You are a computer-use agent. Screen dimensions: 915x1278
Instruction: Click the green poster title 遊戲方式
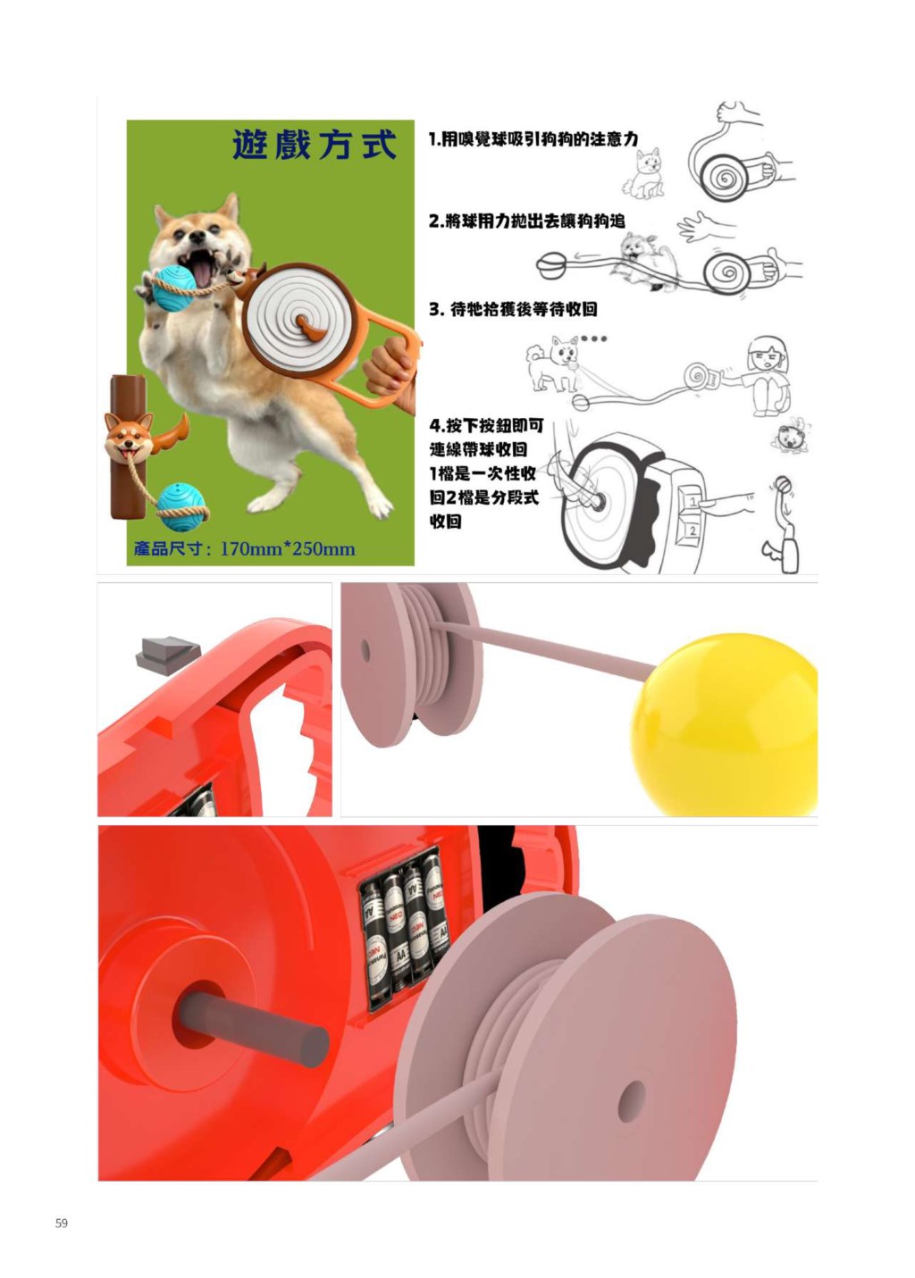tap(314, 145)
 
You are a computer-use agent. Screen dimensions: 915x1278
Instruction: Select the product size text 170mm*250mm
tap(287, 549)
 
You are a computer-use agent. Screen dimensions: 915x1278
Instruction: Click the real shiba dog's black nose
tap(197, 236)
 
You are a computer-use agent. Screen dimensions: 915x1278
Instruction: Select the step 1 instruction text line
tap(533, 138)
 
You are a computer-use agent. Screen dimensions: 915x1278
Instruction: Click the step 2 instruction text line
tap(527, 221)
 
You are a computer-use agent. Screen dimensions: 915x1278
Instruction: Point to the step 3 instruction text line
tap(513, 309)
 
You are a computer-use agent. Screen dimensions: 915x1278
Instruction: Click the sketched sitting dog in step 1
tap(645, 173)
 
